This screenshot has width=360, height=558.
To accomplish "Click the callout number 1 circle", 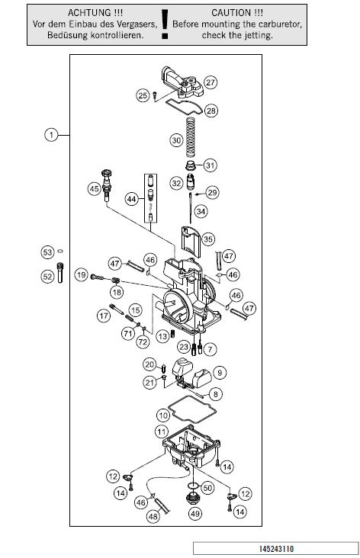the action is coord(51,135).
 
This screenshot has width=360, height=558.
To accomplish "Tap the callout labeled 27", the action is coord(211,82).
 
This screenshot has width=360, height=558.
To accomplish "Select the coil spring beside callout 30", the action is coord(191,137).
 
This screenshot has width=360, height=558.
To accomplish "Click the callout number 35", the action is coord(208,239).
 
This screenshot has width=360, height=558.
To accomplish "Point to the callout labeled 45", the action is coord(95,188).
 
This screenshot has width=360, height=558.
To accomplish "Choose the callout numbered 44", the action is coord(132,199).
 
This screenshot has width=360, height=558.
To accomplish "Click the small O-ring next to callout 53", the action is coord(60,252).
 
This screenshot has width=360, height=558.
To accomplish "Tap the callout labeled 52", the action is coord(47,277).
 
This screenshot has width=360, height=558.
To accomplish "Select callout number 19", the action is coord(82,274).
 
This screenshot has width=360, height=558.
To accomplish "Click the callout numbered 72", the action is coord(143,342).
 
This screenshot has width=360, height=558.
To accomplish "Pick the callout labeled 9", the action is coord(220,373).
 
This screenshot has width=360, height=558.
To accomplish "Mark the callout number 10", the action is coord(163,415).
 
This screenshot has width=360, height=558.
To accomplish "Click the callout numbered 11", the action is coord(162,432).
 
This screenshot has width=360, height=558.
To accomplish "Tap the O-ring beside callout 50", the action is coord(194,486).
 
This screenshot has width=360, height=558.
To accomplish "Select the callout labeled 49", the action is coord(195,514).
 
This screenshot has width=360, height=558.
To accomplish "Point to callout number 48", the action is coord(153,516).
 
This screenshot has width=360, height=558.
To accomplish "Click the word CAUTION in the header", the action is coord(232,13).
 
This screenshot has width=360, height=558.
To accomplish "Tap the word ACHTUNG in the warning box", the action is coord(90,13).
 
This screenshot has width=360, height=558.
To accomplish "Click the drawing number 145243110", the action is coord(276,548).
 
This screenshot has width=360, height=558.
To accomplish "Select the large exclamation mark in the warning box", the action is coord(165,24).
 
